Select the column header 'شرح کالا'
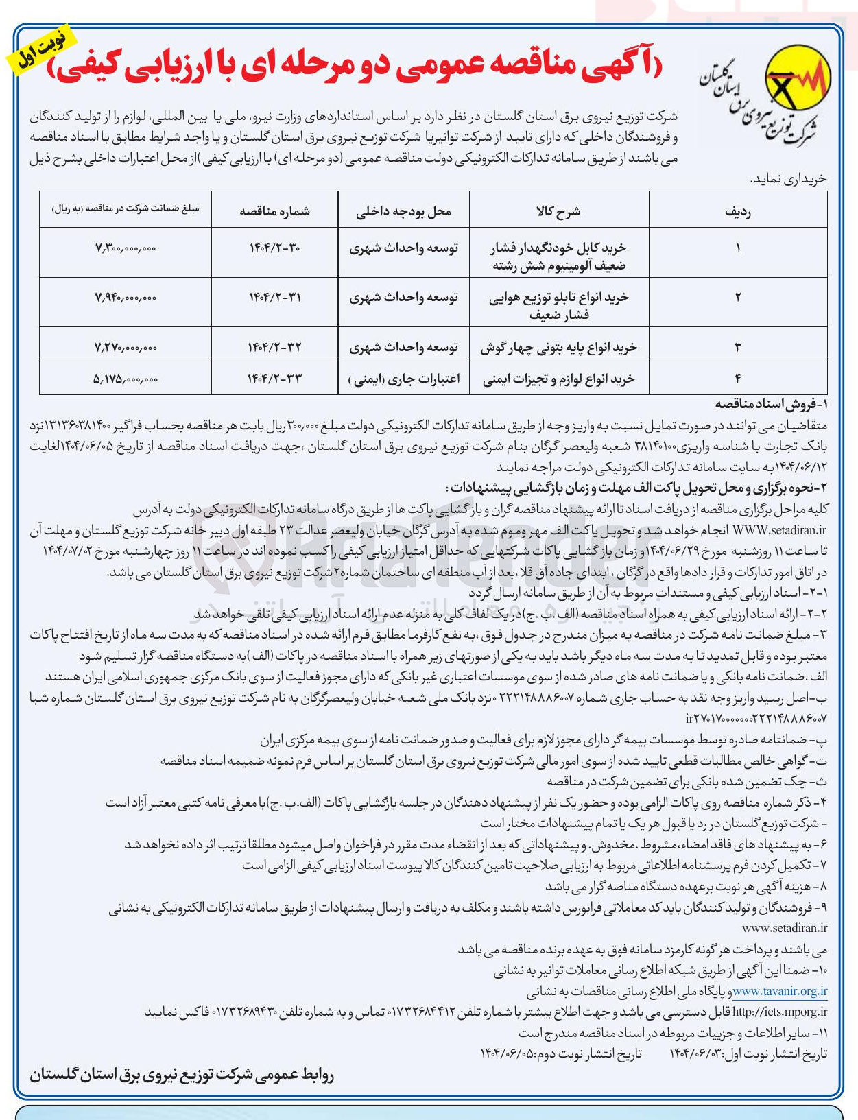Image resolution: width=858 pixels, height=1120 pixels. pos(558,211)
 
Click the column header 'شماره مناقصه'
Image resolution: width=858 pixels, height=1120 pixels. pos(274,211)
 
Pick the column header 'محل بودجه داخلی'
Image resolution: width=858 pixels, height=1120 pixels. pos(403,211)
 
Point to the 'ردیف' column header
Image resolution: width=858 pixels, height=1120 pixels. pos(737,211)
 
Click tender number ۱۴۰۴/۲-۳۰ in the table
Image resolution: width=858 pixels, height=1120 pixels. pos(274,248)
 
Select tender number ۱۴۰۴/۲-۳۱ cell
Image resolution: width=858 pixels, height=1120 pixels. pos(274,297)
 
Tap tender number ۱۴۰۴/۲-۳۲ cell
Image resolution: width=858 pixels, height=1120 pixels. pos(274,347)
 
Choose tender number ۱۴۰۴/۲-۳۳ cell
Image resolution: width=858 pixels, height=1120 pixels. pos(274,378)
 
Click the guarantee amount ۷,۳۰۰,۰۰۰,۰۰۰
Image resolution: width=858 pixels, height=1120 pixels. pos(126,248)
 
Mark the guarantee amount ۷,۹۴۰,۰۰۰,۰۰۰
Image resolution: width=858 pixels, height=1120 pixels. pos(126,297)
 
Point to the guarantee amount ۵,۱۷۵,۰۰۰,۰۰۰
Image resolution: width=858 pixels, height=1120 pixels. pos(126,378)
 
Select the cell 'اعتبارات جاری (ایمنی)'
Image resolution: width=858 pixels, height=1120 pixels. pos(404,378)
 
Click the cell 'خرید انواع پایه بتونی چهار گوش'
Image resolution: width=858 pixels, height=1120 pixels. pos(558,347)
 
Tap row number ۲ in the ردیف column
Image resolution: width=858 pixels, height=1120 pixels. pos(737,297)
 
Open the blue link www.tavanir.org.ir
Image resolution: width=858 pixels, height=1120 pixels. pos(780,991)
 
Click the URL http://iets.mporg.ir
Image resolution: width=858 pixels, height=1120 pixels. pos(780,1012)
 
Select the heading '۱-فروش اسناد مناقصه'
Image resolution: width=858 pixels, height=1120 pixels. pos(772,404)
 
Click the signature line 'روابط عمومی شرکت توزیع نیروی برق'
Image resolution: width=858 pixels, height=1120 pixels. pos(182,1075)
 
